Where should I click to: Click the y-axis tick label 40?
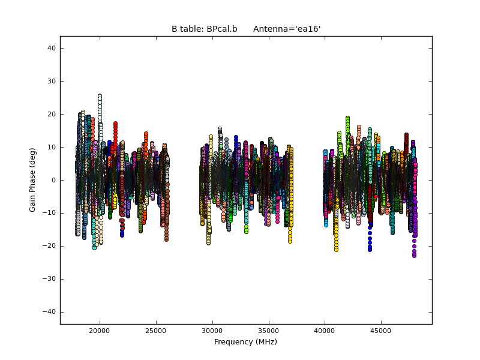(52, 48)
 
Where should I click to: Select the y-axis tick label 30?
(52, 81)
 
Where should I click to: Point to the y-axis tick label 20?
(52, 114)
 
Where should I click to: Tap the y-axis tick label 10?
(52, 147)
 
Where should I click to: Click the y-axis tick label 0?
(53, 180)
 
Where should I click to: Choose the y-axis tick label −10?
(50, 213)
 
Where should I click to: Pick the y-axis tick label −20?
(50, 246)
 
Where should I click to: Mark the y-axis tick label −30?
(50, 279)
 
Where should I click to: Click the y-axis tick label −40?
(50, 312)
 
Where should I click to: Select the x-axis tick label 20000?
(100, 331)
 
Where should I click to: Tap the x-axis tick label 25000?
(156, 331)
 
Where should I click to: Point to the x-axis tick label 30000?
(212, 331)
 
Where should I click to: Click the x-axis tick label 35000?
(268, 331)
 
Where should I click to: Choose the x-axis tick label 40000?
(325, 331)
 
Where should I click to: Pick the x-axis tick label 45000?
(381, 331)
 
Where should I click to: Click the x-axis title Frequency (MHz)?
(245, 342)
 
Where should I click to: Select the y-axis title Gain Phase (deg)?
(33, 180)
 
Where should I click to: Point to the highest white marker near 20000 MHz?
(100, 96)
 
